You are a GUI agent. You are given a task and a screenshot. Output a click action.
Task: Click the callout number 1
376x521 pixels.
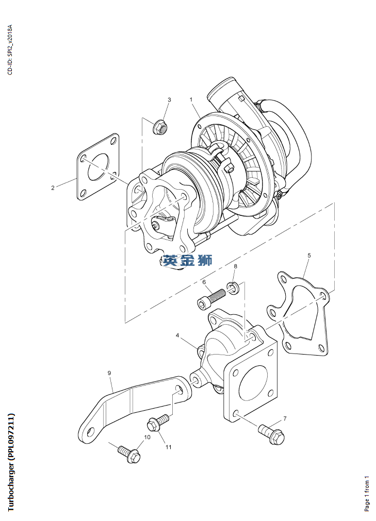tap(191, 99)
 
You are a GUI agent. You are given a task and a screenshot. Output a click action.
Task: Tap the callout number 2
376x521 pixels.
tap(53, 188)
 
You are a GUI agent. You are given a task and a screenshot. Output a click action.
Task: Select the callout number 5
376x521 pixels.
tap(309, 256)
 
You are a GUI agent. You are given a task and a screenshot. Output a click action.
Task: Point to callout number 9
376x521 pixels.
tap(109, 373)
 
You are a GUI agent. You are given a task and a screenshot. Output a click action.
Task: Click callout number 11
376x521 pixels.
tap(169, 447)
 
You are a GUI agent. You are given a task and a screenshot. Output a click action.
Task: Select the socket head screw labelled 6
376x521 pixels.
tap(212, 298)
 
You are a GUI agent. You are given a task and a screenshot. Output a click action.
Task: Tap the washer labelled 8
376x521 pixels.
tap(233, 288)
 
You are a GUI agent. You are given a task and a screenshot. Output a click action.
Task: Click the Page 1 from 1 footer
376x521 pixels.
tap(367, 494)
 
